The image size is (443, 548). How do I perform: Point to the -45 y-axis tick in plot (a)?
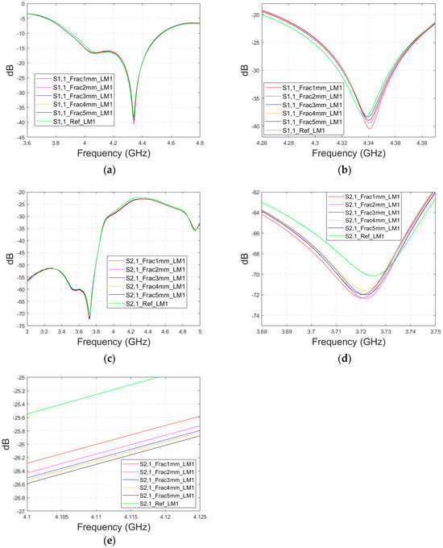18,138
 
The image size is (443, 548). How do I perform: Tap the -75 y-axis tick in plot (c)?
18,326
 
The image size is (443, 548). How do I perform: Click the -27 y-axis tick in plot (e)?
18,510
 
